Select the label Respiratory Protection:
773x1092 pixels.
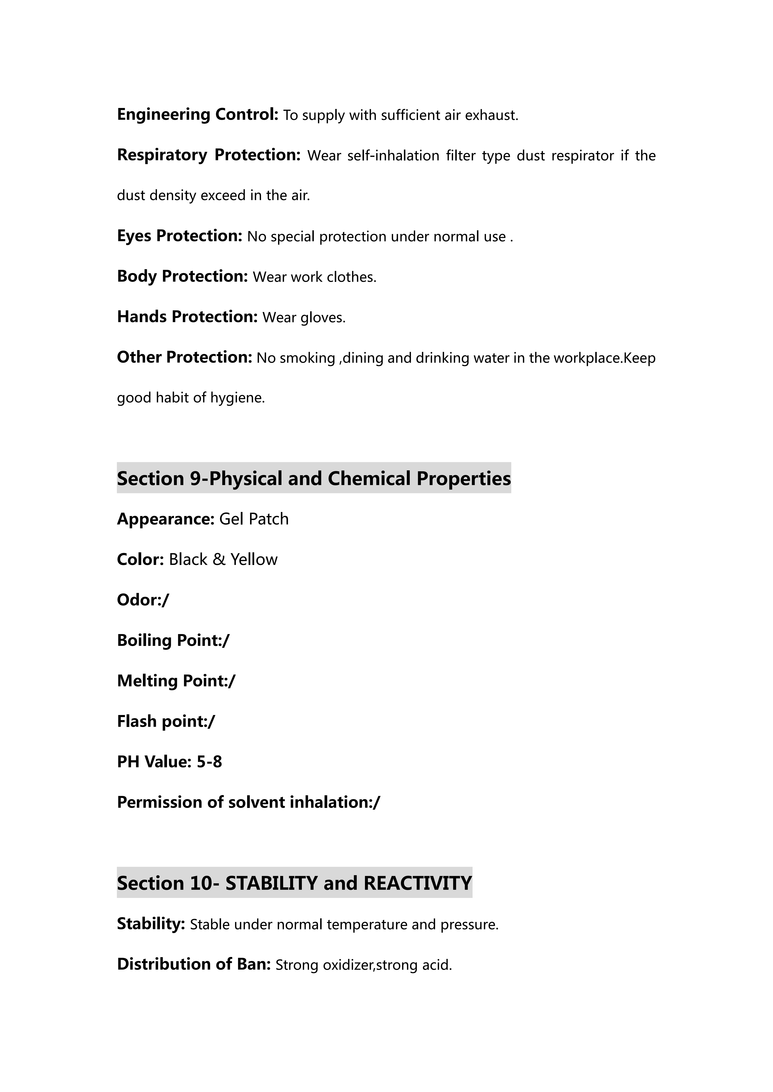[208, 155]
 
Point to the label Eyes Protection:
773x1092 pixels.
[179, 236]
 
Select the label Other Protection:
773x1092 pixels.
[184, 357]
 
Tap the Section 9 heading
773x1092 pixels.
[314, 478]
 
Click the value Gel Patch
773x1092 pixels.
[254, 519]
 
